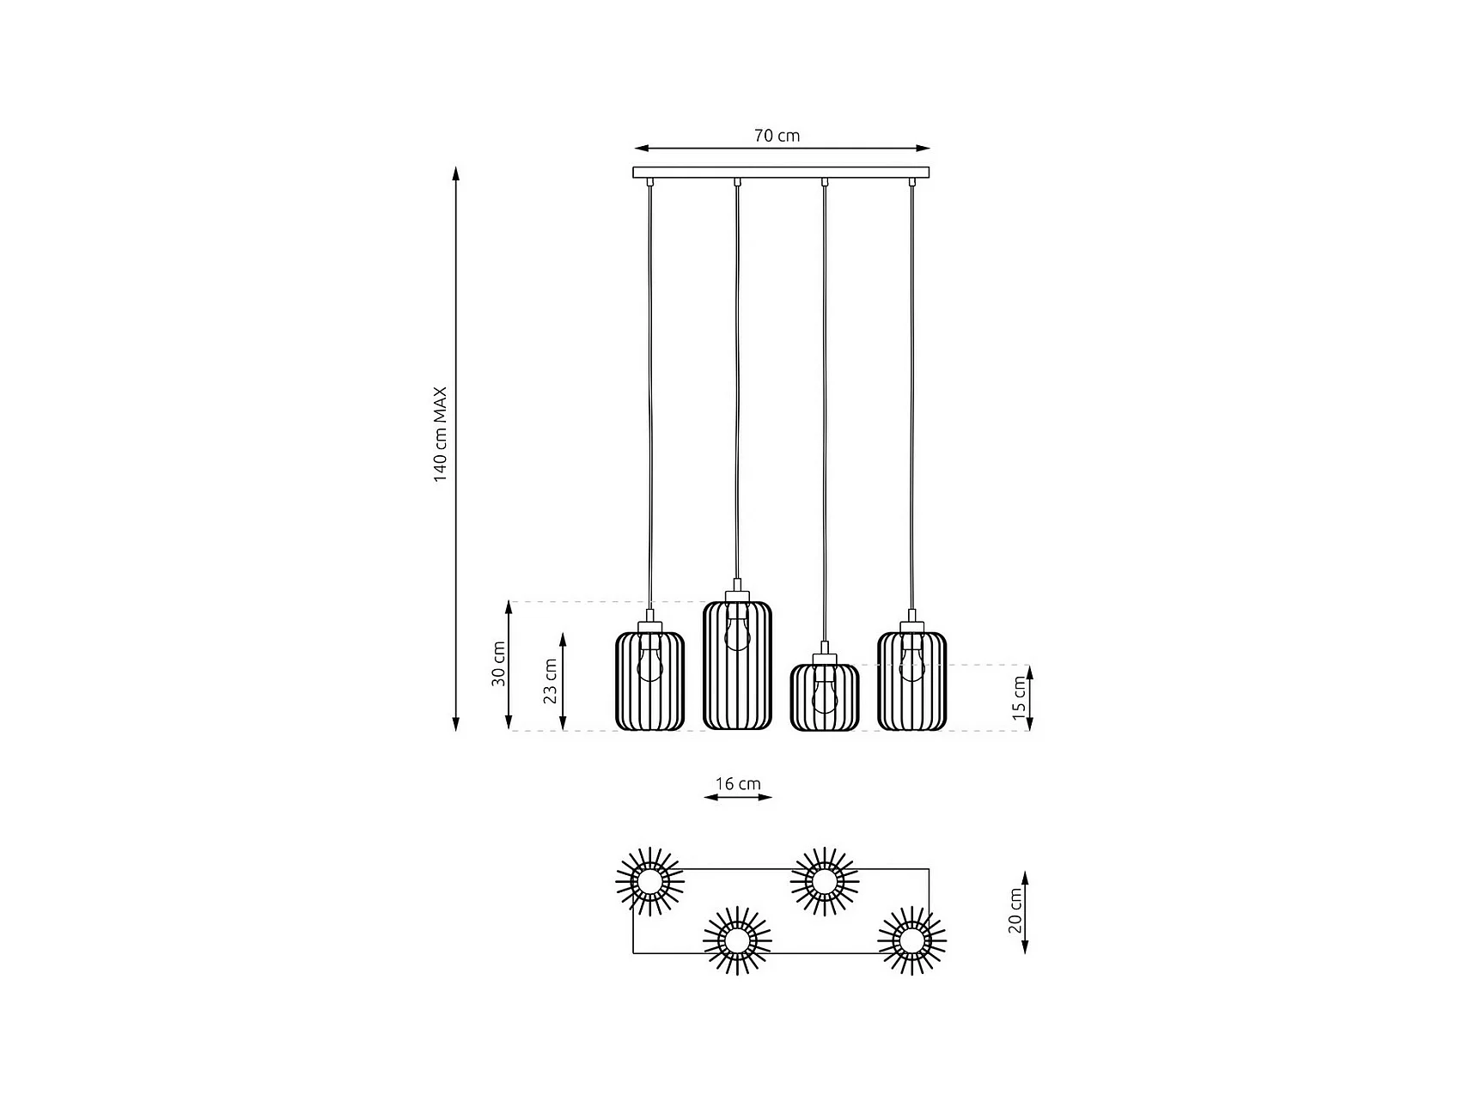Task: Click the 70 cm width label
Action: [x=777, y=136]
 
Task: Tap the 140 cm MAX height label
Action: [x=440, y=435]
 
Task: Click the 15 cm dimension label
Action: [x=1019, y=697]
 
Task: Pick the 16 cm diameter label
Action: [x=738, y=783]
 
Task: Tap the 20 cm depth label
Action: [x=1015, y=911]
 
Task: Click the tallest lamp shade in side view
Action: [x=737, y=666]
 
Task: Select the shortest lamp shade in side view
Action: [x=825, y=697]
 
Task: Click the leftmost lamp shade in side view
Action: [x=650, y=681]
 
